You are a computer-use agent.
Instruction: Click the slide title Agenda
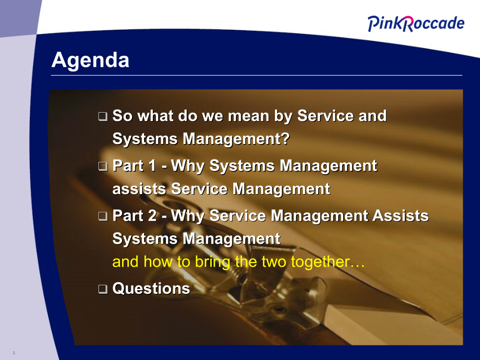90,61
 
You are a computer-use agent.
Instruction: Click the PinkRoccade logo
415,23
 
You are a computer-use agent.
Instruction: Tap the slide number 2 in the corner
14,354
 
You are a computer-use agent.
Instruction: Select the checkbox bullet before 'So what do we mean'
103,116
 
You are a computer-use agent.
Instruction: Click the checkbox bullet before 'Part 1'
103,166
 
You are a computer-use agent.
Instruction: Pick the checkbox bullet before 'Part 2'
103,216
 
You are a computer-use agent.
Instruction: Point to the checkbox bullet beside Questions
103,289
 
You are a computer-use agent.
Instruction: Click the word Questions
151,289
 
